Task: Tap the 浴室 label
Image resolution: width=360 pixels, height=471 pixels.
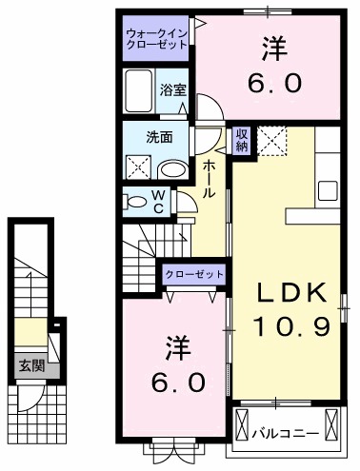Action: [172, 90]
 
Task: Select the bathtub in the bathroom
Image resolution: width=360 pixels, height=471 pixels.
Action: [140, 90]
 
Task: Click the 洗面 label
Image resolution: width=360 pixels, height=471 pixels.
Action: [159, 136]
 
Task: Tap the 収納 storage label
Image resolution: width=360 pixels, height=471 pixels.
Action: [242, 140]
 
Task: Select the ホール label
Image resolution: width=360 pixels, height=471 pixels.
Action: [209, 178]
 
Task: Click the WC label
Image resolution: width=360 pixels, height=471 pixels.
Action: [159, 201]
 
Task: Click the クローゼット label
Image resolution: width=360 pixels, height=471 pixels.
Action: [194, 274]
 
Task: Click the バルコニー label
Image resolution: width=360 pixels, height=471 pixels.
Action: [285, 434]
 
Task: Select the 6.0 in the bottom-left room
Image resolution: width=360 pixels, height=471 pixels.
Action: [174, 382]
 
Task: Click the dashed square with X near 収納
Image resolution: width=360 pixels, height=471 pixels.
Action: [273, 141]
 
